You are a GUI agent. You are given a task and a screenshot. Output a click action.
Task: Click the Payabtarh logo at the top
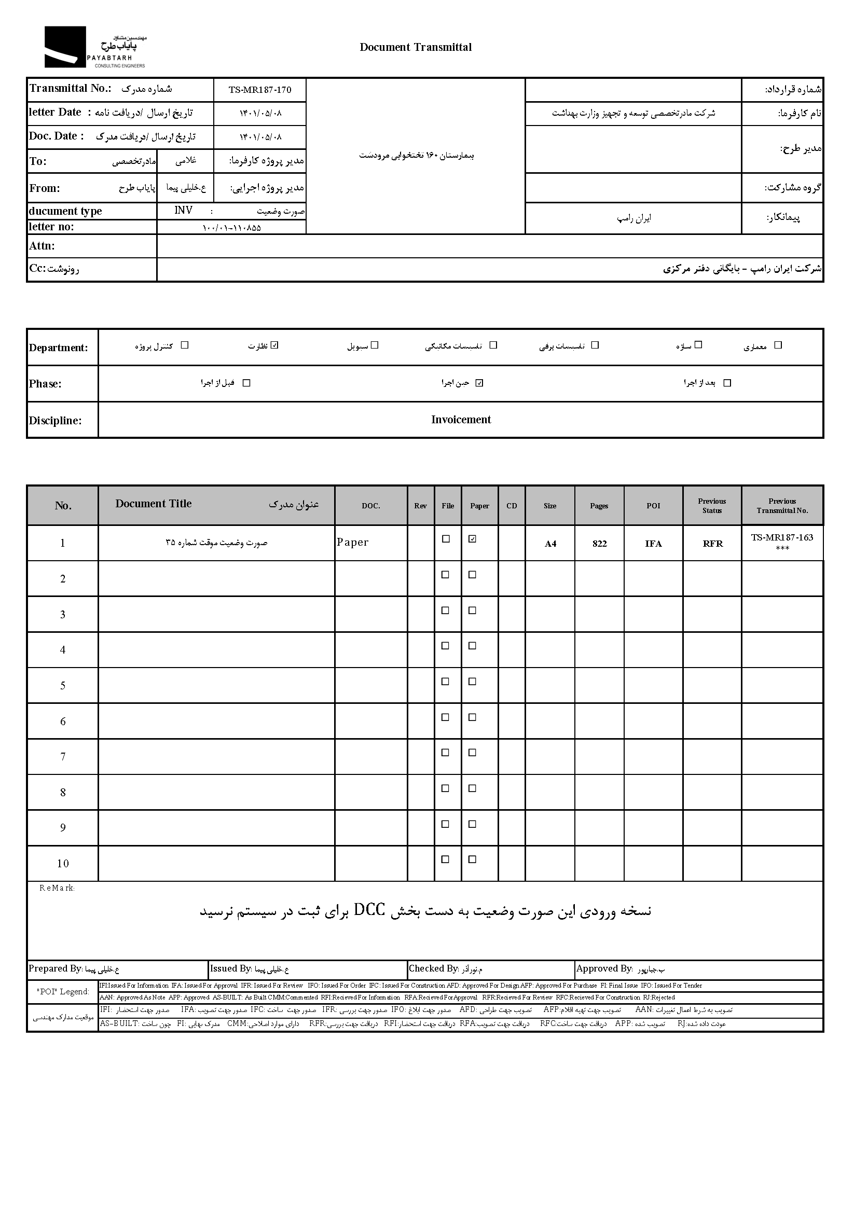[94, 47]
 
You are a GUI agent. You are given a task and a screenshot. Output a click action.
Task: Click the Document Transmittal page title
[416, 47]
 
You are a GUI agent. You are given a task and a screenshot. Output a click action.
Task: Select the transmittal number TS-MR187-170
[260, 90]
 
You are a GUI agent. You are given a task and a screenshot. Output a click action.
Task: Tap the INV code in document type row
[184, 210]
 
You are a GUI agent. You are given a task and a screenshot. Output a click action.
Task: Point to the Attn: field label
[42, 246]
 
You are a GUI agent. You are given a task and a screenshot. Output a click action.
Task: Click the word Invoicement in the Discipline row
[461, 420]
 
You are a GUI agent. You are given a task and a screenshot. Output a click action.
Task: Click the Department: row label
[59, 348]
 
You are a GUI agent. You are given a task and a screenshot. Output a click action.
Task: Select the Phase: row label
[45, 384]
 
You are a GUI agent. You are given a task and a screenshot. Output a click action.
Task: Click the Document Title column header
[154, 504]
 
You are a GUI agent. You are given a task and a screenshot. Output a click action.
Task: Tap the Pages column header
[599, 506]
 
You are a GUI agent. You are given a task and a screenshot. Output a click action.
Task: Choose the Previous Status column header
[712, 506]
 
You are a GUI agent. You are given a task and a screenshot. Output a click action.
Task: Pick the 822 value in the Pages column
[599, 544]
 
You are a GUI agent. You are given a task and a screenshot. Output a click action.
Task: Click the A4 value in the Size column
[550, 544]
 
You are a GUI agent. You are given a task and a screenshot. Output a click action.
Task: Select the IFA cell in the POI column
[653, 544]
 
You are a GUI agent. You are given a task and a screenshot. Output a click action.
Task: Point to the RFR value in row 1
[712, 544]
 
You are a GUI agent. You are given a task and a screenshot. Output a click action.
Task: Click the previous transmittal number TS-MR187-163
[782, 537]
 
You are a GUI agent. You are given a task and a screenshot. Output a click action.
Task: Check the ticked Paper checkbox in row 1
[472, 539]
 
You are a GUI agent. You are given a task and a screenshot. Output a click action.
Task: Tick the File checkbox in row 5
[445, 681]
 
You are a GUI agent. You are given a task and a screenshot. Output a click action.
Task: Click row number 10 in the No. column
[63, 863]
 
